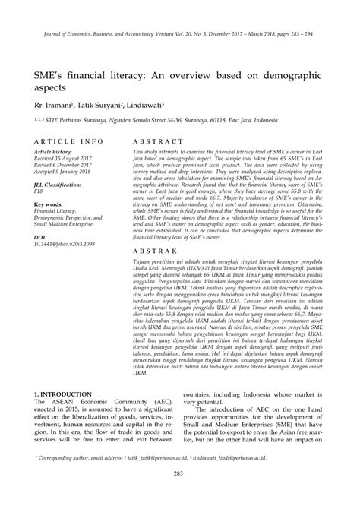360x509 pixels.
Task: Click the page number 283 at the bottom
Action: click(x=180, y=495)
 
